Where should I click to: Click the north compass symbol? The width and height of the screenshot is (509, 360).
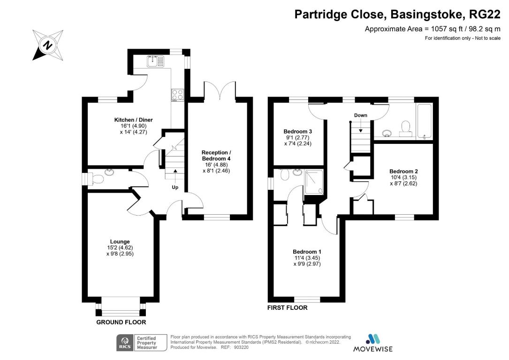coord(47,45)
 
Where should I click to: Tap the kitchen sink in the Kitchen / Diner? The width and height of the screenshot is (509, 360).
coord(154,61)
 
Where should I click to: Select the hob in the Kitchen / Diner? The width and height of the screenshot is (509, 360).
coord(178,95)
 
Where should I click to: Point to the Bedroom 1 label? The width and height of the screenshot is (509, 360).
coord(307,251)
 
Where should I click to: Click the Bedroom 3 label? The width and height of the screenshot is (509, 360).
coord(297,131)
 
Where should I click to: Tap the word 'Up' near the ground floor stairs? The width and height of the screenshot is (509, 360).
coord(175,187)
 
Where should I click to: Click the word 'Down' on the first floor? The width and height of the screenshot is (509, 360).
coord(360,115)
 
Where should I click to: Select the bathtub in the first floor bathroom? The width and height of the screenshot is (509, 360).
coord(424,121)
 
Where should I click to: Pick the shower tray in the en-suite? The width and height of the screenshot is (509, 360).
coord(314,181)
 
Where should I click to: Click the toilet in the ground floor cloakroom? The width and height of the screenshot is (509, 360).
coord(97,179)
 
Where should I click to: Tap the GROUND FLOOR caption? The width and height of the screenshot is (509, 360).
coord(121,322)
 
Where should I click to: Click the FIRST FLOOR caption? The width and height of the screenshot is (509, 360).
coord(287,308)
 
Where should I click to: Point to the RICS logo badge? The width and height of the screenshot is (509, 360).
coord(125,343)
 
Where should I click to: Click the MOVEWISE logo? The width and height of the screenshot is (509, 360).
coord(373,343)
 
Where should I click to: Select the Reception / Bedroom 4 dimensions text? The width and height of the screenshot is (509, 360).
coord(216,168)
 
